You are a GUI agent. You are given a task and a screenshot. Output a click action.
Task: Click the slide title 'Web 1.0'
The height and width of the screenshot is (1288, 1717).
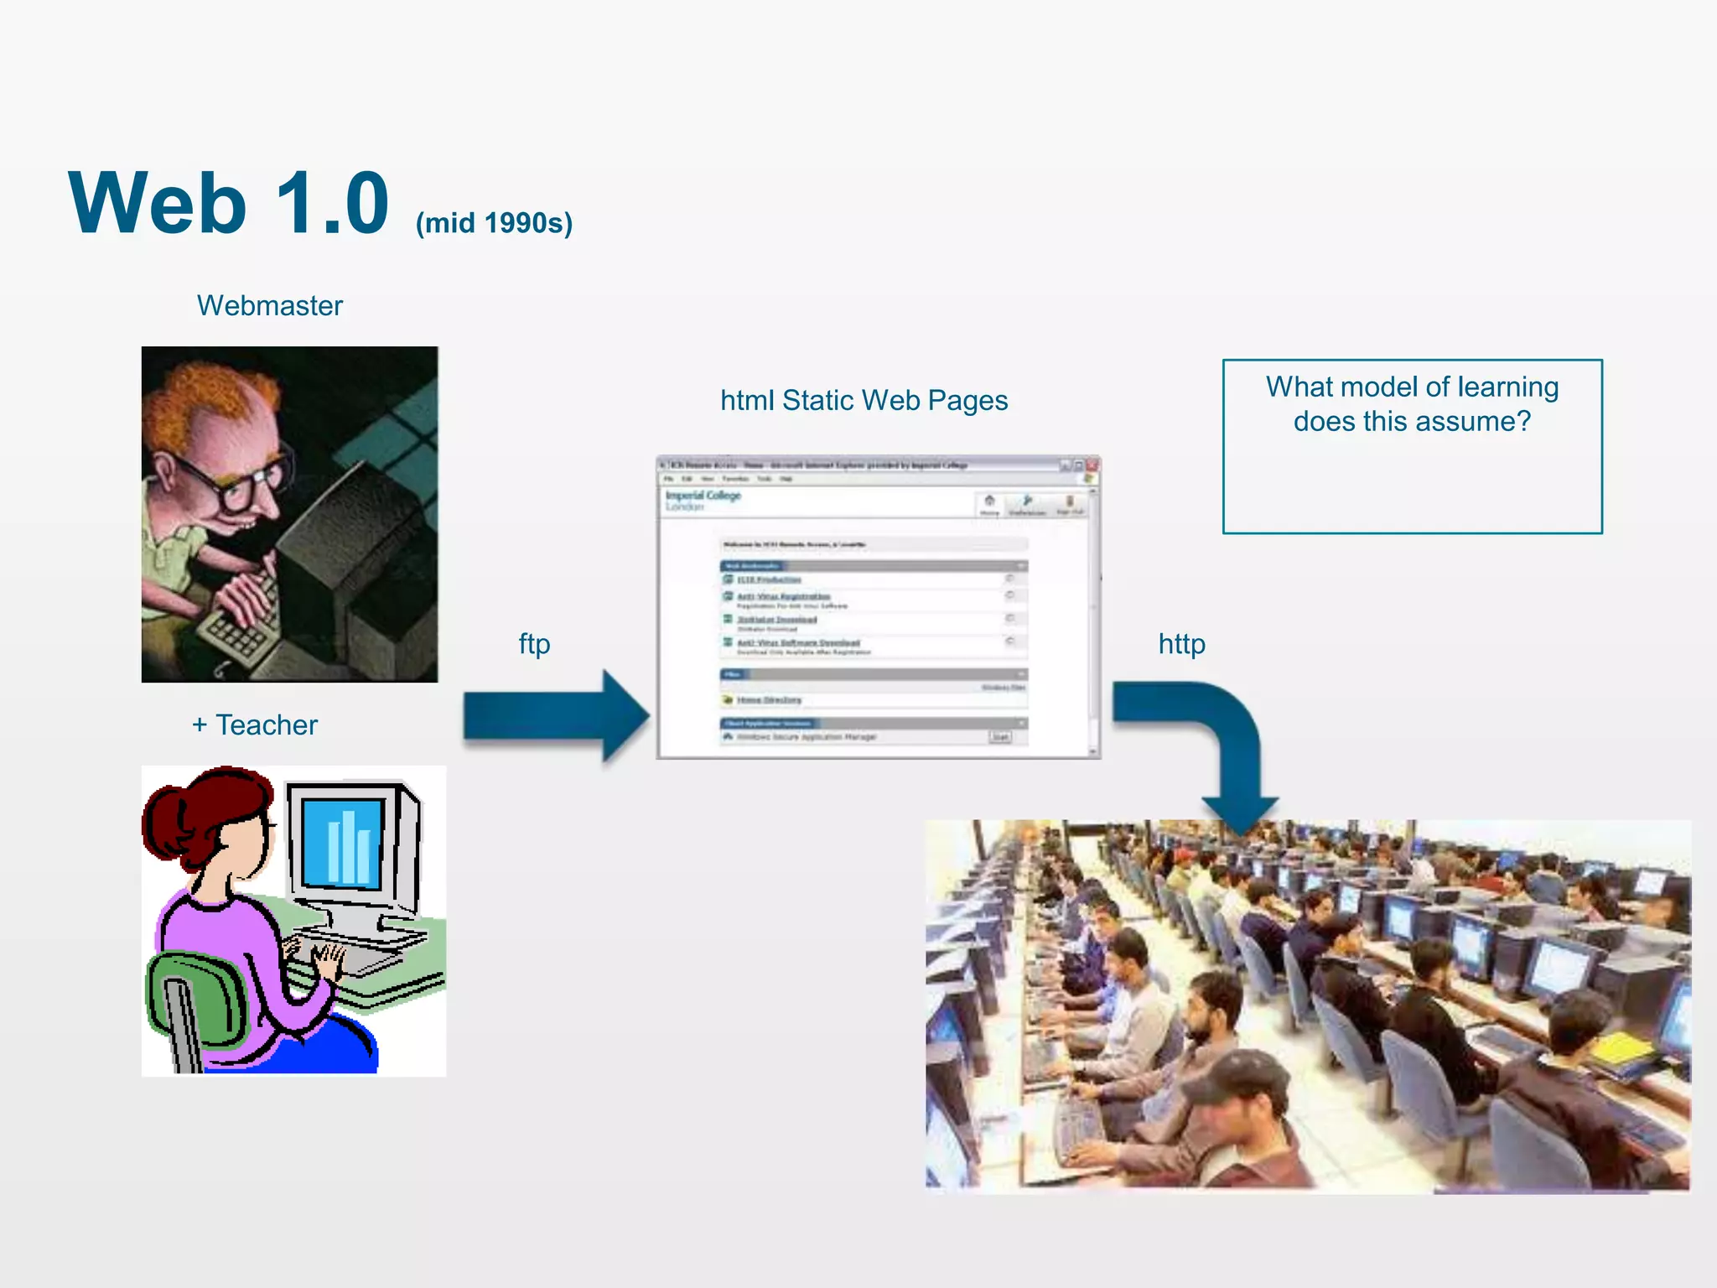[x=229, y=204]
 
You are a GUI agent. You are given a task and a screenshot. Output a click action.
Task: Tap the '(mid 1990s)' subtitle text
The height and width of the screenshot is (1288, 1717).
[x=494, y=223]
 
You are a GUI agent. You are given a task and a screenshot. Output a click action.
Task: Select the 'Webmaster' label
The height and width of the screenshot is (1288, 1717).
[x=269, y=306]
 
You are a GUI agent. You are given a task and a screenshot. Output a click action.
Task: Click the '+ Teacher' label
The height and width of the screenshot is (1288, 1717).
[x=255, y=725]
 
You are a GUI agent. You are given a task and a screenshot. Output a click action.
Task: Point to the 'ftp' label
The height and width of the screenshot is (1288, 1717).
[x=534, y=644]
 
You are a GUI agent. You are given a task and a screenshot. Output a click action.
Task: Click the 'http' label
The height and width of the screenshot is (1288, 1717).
[x=1181, y=644]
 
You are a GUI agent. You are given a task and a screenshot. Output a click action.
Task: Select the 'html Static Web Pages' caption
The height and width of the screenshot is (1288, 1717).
[x=864, y=401]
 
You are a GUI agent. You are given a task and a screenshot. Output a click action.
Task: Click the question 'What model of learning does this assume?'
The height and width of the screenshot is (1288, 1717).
[x=1412, y=404]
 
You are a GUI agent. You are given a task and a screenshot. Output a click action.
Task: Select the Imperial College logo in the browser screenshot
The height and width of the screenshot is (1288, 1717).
[x=703, y=500]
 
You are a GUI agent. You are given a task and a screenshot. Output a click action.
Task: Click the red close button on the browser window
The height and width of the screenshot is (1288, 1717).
[x=1092, y=465]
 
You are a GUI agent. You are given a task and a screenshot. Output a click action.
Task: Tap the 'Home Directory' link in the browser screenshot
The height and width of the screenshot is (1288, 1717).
[x=769, y=700]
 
